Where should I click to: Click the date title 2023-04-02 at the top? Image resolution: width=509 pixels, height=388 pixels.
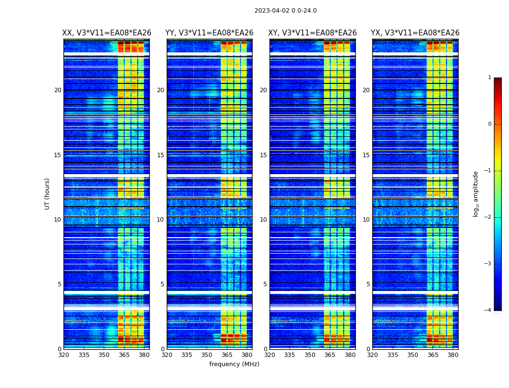286,11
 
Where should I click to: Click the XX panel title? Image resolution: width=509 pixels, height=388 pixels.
107,33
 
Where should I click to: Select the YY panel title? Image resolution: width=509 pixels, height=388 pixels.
209,33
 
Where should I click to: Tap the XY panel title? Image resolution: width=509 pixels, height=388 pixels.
313,33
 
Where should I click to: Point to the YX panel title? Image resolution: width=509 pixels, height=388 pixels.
415,33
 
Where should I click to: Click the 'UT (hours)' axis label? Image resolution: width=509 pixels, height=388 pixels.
48,194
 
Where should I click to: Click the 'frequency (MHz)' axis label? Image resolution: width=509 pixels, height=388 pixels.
234,364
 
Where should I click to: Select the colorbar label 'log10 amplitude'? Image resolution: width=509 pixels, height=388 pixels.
476,194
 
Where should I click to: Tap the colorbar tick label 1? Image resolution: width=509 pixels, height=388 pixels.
490,78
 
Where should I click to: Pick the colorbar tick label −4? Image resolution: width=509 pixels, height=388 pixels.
488,310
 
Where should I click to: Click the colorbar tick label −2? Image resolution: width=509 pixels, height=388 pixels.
488,217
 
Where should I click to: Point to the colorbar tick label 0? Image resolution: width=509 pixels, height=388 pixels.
490,124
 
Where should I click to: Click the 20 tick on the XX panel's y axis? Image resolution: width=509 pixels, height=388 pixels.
58,90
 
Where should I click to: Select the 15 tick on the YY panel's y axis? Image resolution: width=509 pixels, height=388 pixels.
160,155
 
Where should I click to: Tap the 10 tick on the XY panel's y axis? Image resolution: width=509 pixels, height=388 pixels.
263,220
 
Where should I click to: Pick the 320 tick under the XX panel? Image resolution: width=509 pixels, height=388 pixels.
64,355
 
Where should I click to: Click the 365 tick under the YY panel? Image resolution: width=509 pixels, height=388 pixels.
227,355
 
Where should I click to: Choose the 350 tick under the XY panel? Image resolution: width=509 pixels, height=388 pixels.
310,355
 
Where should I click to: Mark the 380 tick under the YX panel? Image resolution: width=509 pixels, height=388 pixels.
453,355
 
